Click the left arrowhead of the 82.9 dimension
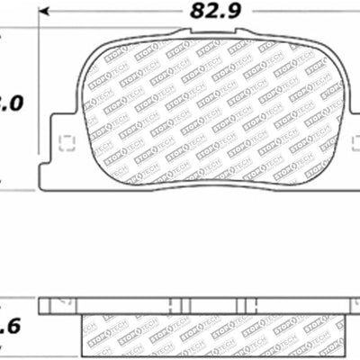click(x=43, y=13)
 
